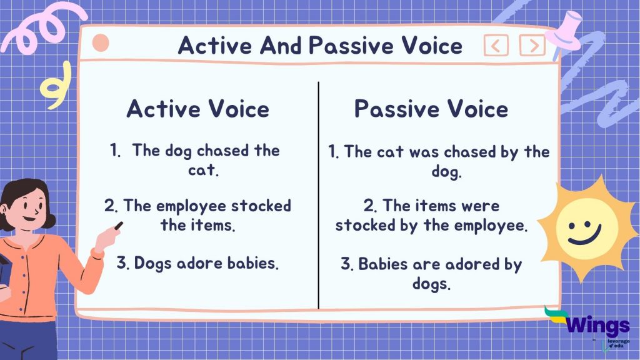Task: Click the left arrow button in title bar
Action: click(496, 46)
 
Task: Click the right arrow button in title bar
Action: click(532, 46)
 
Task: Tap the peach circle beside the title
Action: click(101, 44)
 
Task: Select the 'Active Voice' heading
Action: click(197, 109)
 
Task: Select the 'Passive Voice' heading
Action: click(431, 109)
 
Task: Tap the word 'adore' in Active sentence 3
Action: click(199, 263)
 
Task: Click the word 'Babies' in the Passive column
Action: click(384, 264)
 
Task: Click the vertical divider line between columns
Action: click(319, 194)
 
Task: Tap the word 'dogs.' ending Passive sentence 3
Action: click(431, 283)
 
